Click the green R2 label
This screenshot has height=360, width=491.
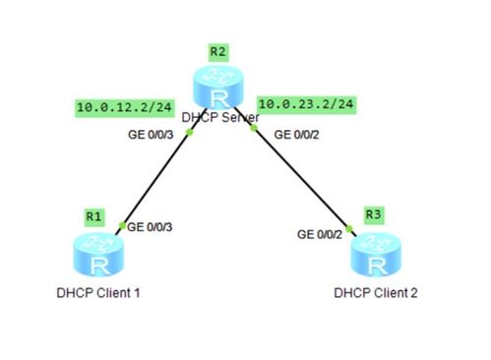(x=218, y=51)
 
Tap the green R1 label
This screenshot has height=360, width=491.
(x=94, y=216)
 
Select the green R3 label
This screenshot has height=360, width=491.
(x=374, y=214)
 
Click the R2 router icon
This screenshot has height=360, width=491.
(x=218, y=87)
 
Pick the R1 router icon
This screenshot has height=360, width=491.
(x=98, y=255)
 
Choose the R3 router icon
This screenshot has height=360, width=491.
(x=376, y=255)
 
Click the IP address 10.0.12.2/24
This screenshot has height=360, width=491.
(x=125, y=107)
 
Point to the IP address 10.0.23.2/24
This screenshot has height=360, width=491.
(x=306, y=104)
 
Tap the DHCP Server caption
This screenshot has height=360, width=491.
(x=220, y=117)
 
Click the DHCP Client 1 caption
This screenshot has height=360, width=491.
(x=98, y=293)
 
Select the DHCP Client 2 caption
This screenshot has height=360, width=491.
(x=376, y=293)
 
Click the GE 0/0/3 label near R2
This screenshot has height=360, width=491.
(x=151, y=135)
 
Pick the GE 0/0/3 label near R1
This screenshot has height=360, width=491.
(x=150, y=227)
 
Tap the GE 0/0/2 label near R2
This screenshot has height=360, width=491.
(x=296, y=135)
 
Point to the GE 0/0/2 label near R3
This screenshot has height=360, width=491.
(x=320, y=234)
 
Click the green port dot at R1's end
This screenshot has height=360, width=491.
(x=122, y=225)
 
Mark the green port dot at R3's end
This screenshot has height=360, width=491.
(x=349, y=229)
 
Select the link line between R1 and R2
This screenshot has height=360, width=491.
(x=161, y=171)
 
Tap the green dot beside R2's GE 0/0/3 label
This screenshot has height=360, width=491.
(x=189, y=132)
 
